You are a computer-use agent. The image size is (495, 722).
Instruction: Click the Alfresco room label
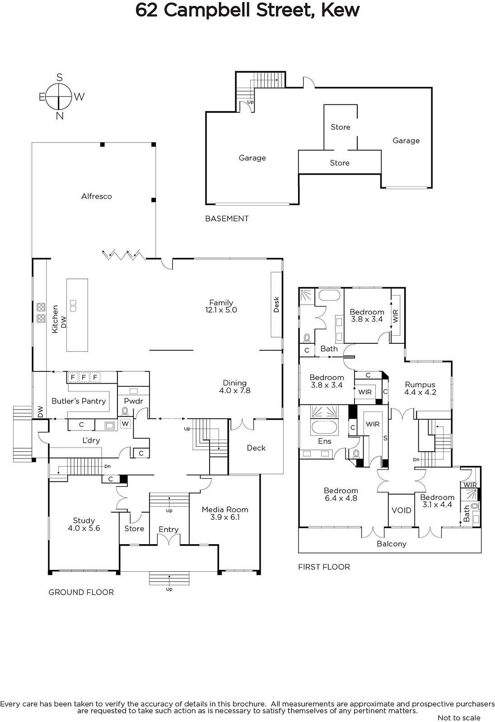(x=97, y=196)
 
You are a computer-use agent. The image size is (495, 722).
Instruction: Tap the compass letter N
(x=60, y=116)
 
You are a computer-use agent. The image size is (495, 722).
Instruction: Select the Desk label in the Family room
(x=276, y=305)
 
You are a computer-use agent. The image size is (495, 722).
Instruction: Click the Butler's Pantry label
(x=79, y=401)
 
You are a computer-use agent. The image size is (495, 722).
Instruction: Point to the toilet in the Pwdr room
(x=125, y=411)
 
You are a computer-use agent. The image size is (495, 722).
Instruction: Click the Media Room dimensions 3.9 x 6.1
(x=225, y=517)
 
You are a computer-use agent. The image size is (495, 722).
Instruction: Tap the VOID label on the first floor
(x=402, y=510)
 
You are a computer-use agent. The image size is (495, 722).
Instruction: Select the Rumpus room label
(x=420, y=384)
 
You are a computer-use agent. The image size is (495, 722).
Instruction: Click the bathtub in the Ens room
(x=324, y=427)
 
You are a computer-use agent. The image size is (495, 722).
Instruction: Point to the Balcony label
(x=392, y=544)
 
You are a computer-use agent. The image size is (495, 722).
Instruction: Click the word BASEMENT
(x=227, y=218)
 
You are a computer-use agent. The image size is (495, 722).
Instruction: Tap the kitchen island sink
(x=73, y=306)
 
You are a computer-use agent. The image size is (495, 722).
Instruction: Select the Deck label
(x=256, y=448)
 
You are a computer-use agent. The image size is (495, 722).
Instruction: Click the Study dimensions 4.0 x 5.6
(x=84, y=528)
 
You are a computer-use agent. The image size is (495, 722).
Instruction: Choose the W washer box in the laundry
(x=125, y=424)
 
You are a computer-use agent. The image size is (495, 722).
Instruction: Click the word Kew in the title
(x=340, y=10)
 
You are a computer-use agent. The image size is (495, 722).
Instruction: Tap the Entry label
(x=168, y=530)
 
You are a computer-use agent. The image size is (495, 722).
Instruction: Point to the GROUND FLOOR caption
(x=81, y=592)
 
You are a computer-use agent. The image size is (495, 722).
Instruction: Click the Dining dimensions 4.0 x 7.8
(x=235, y=390)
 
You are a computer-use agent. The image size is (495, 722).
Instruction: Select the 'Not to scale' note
(x=459, y=717)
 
